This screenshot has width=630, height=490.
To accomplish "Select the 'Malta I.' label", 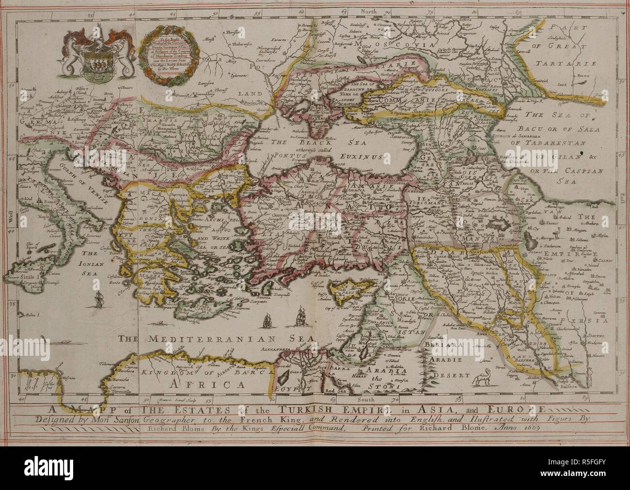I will point(32,315).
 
